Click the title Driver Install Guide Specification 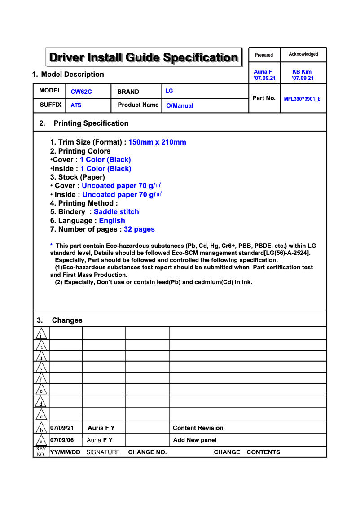coord(144,57)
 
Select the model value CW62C coord(81,92)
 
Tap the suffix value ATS coord(76,105)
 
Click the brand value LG coord(169,91)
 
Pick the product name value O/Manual coord(180,106)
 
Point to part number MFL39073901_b coord(302,99)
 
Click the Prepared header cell coord(264,55)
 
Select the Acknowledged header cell coord(303,54)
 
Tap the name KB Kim coord(302,72)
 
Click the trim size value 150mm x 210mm coord(157,142)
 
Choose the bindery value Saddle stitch coord(116,212)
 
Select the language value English coord(112,221)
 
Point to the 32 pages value coord(139,229)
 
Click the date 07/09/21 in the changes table coord(62,428)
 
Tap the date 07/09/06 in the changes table coord(62,440)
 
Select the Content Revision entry coord(198,428)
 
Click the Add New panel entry coord(195,440)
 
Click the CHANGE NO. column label coord(147,452)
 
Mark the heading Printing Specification coord(91,123)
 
